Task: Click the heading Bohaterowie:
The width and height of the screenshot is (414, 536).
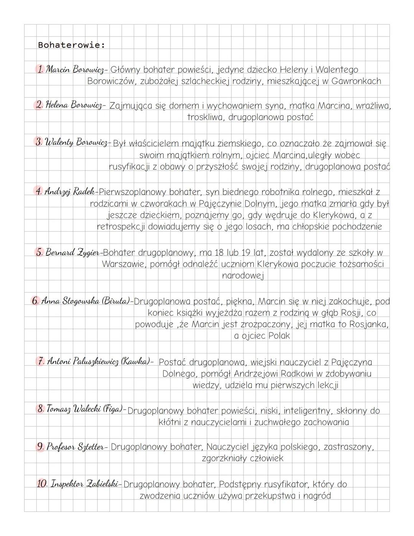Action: (71, 45)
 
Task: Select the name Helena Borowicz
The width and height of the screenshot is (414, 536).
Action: (74, 105)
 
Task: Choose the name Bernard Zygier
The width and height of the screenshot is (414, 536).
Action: (73, 252)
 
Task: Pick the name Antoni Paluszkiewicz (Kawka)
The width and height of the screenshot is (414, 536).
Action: (98, 361)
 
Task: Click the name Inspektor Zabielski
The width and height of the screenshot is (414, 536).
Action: (84, 484)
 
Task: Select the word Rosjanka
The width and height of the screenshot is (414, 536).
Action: (369, 324)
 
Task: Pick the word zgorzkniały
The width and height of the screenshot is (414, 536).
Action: (224, 458)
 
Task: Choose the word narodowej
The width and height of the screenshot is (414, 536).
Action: (243, 275)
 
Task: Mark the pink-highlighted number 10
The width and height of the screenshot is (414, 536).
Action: (41, 484)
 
